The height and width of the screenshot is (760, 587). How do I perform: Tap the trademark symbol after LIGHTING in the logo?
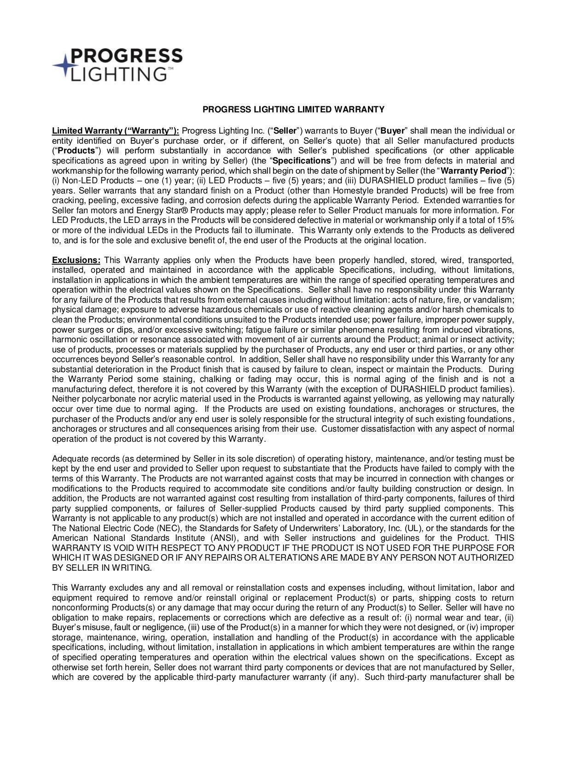[x=170, y=69]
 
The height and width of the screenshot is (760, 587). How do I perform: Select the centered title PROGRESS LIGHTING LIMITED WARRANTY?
[x=294, y=110]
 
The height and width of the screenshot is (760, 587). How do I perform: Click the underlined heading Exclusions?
[x=76, y=260]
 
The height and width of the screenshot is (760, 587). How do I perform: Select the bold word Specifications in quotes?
[x=302, y=161]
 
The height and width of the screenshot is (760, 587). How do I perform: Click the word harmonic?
[x=68, y=339]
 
